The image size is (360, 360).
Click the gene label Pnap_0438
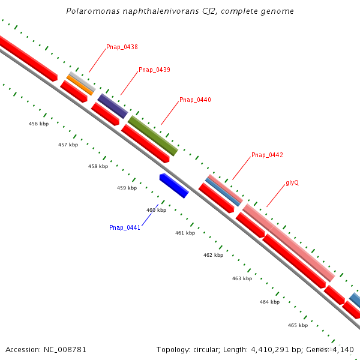click(122, 47)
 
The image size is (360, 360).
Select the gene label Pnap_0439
click(154, 70)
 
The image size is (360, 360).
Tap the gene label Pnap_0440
click(195, 100)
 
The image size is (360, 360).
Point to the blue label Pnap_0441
click(125, 227)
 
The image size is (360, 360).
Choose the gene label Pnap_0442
click(267, 155)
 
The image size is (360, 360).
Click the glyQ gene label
click(292, 182)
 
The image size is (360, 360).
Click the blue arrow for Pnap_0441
click(174, 185)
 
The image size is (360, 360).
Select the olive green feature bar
click(153, 136)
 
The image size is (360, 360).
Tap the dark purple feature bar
click(113, 106)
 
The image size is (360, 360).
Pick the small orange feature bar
click(80, 85)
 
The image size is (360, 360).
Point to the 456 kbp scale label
click(39, 124)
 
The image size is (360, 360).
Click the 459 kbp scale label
click(127, 188)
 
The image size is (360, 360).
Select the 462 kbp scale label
click(213, 255)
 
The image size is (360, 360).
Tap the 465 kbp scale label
click(298, 325)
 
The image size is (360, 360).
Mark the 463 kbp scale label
click(242, 278)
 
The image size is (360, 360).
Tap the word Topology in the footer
click(172, 349)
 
